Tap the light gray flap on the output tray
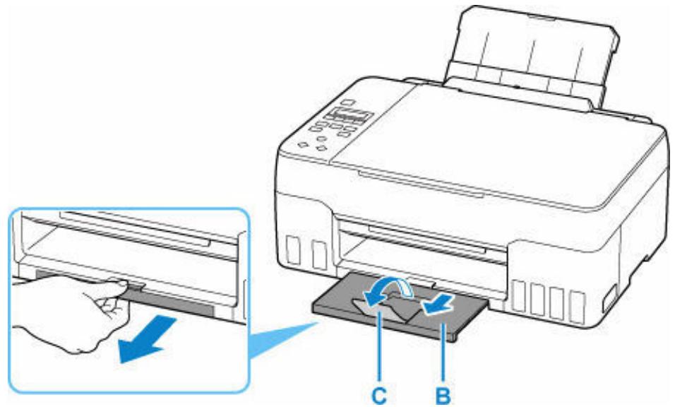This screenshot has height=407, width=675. click(x=395, y=304)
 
